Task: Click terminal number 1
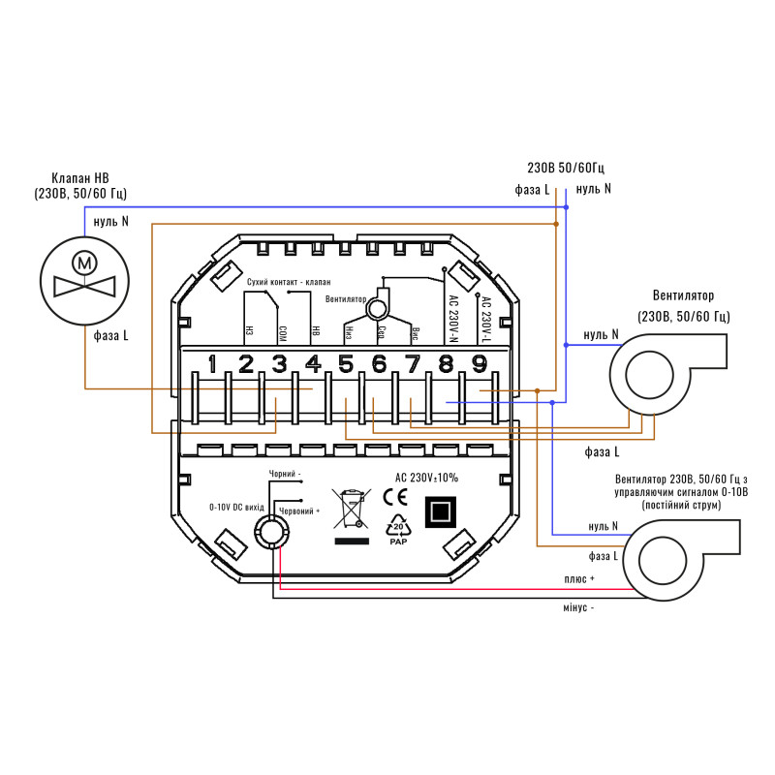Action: pyautogui.click(x=212, y=364)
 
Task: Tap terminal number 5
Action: pyautogui.click(x=346, y=364)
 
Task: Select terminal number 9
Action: pyautogui.click(x=479, y=364)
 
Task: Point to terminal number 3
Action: pyautogui.click(x=279, y=364)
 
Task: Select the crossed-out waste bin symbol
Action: pyautogui.click(x=351, y=507)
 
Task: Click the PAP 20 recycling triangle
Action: pyautogui.click(x=397, y=532)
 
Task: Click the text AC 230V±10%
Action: pyautogui.click(x=426, y=478)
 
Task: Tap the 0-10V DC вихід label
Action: pyautogui.click(x=236, y=507)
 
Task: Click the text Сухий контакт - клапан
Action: pyautogui.click(x=294, y=280)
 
